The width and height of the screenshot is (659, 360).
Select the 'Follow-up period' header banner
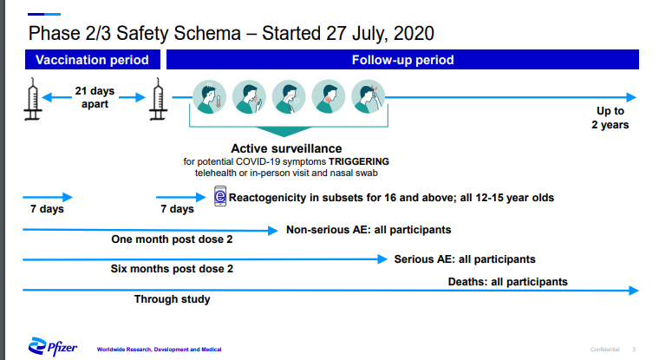coord(402,60)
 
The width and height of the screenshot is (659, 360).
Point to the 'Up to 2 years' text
coord(610,118)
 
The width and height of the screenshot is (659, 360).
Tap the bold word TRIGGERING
coord(357,161)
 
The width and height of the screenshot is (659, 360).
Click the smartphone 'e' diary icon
coord(220,198)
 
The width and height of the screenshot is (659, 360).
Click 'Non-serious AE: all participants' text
coord(369,230)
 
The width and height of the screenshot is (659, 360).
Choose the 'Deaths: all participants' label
coord(507,281)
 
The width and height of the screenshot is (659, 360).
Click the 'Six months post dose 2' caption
coord(173,269)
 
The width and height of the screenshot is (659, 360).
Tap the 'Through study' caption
coord(172,299)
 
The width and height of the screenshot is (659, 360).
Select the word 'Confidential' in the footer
coord(604,349)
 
